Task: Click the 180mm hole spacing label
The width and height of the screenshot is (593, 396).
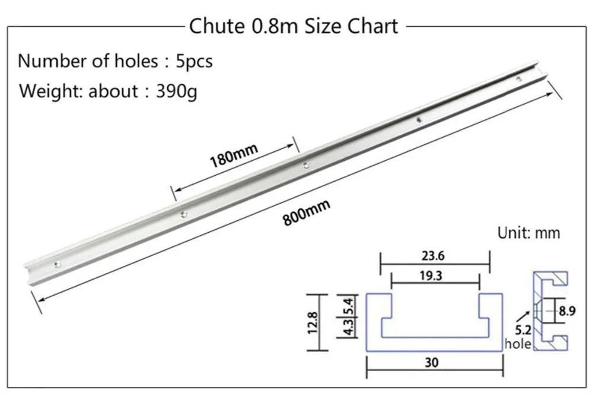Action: click(x=234, y=155)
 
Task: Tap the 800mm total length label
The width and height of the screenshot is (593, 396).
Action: click(x=307, y=213)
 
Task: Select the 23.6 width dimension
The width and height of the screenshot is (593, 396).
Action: click(x=433, y=256)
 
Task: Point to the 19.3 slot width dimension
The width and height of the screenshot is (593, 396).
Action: click(x=431, y=275)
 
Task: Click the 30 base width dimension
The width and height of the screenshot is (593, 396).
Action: click(x=432, y=362)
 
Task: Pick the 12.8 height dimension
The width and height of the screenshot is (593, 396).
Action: click(x=313, y=322)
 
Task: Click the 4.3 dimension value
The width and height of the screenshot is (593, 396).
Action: click(x=349, y=327)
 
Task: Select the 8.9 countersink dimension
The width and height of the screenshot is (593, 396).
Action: click(x=568, y=311)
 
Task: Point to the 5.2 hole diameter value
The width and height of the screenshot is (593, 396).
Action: click(x=523, y=330)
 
